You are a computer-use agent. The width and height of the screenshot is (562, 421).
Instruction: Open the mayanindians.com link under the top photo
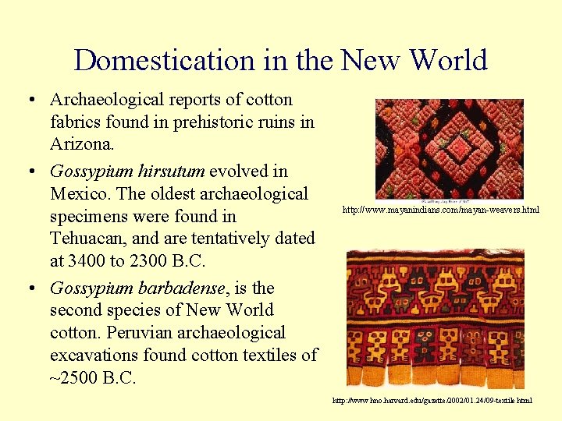pos(440,210)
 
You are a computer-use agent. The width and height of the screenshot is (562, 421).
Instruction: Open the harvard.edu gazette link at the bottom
pos(432,400)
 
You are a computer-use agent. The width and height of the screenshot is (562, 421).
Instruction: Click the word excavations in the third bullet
pos(102,356)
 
